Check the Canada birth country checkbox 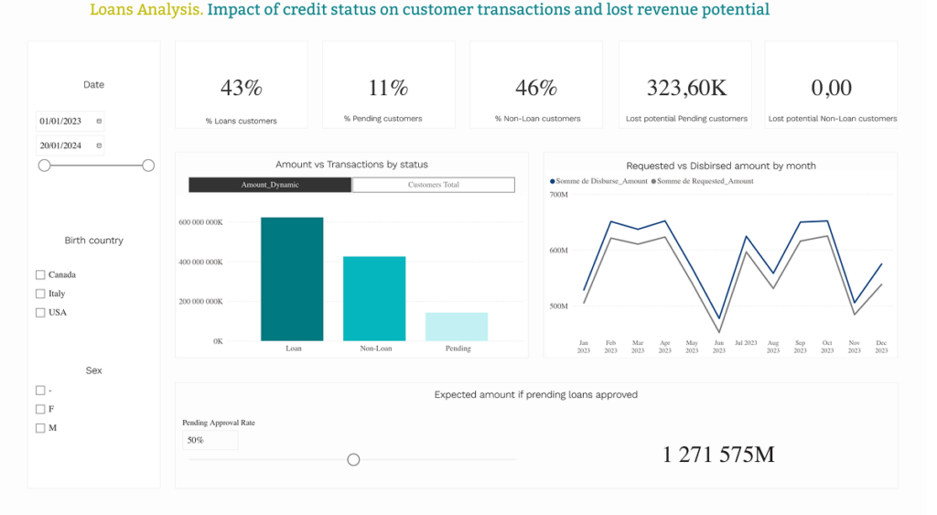[40, 274]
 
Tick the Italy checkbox [40, 294]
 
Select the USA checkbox [40, 313]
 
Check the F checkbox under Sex [40, 409]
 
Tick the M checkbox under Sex [40, 428]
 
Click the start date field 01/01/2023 [70, 122]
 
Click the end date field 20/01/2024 [70, 145]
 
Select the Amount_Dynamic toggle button [270, 185]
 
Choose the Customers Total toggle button [433, 185]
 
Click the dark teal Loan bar [292, 279]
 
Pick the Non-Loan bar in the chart [374, 299]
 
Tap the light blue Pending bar [457, 327]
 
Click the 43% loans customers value [242, 88]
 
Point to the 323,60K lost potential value [686, 89]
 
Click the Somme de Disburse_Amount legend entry [598, 181]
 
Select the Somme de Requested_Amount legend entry [703, 181]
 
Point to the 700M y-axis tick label [559, 195]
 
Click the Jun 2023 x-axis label [719, 347]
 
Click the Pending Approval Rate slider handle [354, 459]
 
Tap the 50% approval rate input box [210, 440]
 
